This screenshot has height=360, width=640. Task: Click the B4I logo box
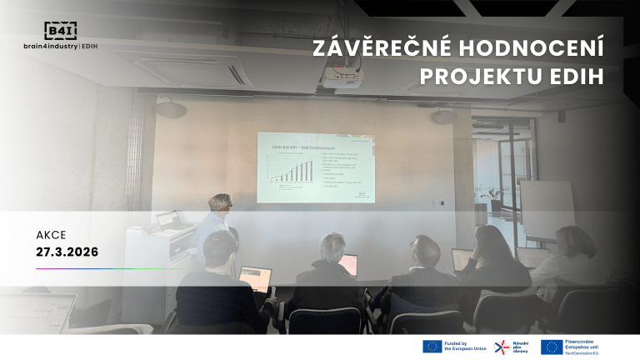61,31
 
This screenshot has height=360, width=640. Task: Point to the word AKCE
51,234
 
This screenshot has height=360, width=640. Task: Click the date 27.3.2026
67,250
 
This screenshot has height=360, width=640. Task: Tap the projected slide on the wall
315,167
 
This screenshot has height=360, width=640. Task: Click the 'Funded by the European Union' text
464,347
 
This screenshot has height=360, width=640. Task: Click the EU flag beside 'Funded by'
432,347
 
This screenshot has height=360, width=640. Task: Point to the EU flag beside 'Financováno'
550,347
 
